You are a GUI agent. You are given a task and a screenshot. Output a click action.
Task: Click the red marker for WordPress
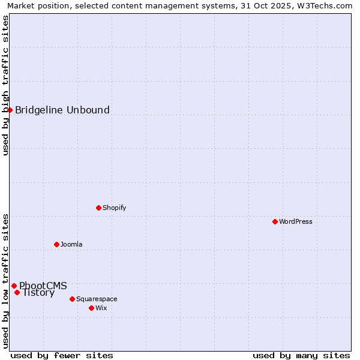(275, 221)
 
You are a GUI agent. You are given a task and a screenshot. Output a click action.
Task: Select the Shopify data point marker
(98, 208)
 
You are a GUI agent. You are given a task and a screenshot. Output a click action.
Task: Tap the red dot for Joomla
(56, 244)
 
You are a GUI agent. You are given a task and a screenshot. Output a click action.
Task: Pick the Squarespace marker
(72, 299)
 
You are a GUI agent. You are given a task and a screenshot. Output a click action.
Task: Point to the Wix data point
(91, 308)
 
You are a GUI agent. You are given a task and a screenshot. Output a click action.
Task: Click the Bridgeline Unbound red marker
(10, 110)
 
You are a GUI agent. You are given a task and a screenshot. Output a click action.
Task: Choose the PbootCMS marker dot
(14, 286)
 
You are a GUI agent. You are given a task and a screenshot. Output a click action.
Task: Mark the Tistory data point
(17, 293)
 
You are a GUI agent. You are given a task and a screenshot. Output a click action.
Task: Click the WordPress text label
(296, 221)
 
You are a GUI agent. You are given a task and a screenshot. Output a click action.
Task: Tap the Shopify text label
(114, 208)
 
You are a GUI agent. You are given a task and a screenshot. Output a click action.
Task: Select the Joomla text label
(71, 244)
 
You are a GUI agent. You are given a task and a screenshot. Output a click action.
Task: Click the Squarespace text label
(97, 299)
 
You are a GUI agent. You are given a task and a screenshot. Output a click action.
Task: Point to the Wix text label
(101, 308)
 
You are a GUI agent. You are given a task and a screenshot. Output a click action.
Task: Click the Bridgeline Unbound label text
(62, 110)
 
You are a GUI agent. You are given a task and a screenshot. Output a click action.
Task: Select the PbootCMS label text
(43, 286)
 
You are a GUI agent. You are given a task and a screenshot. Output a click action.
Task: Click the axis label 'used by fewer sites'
(62, 355)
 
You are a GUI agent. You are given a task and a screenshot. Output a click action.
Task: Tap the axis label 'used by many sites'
(301, 355)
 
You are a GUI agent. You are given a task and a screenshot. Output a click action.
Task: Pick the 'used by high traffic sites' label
(5, 85)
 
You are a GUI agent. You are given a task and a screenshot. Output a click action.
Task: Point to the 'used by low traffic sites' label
(5, 280)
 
